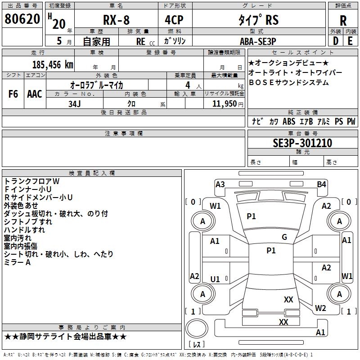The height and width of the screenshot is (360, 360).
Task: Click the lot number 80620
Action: click(22, 19)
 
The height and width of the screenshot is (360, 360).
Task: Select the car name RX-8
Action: click(116, 20)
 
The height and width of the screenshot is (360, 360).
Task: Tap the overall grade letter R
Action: click(343, 20)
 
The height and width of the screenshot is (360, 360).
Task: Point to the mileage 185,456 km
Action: click(53, 65)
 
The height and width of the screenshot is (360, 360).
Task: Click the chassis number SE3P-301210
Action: click(302, 143)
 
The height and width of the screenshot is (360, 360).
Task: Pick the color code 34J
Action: click(75, 104)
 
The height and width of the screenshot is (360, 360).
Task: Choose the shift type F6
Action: click(13, 94)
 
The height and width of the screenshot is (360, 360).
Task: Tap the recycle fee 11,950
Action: click(225, 104)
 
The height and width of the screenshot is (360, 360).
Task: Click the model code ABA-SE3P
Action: click(258, 41)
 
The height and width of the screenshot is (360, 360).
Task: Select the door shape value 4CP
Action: click(174, 20)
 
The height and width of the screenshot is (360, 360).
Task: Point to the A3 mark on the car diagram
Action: click(220, 184)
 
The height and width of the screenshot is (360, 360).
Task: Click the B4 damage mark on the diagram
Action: click(321, 184)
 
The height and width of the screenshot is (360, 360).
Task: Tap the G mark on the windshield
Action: click(284, 237)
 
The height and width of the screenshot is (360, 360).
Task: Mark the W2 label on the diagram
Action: click(320, 308)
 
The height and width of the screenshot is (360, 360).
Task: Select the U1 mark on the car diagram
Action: click(215, 279)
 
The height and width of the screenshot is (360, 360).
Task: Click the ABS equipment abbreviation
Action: click(289, 121)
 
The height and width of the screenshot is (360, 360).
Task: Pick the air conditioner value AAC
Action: click(35, 94)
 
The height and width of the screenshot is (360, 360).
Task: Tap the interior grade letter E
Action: click(350, 41)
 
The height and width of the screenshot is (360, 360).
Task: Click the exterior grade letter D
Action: click(335, 41)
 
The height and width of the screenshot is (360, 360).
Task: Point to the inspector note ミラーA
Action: click(17, 262)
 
